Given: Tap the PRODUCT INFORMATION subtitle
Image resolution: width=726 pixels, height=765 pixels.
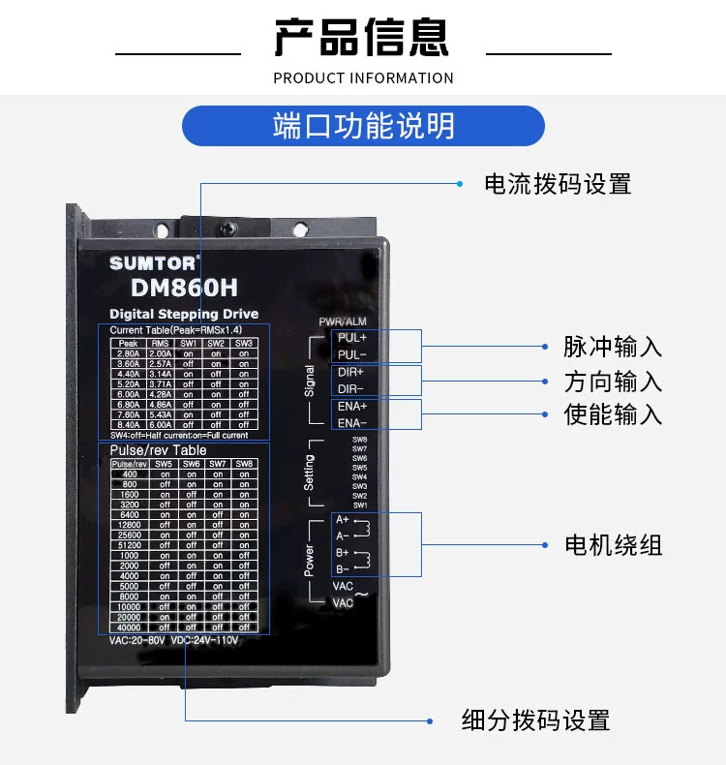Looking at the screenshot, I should click(x=363, y=77).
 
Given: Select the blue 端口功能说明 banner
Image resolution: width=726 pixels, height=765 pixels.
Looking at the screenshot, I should click(x=363, y=126).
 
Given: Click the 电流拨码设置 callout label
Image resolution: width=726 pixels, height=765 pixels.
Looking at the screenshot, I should click(x=558, y=183).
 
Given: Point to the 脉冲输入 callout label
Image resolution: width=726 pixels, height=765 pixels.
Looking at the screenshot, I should click(x=613, y=347).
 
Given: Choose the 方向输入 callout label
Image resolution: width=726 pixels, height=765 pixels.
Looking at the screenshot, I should click(x=613, y=381).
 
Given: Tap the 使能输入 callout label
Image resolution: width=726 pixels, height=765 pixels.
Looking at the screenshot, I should click(x=613, y=413).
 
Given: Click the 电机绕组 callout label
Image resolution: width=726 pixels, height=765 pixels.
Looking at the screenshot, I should click(x=613, y=544).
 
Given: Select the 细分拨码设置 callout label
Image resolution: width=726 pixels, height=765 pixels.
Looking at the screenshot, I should click(x=535, y=720).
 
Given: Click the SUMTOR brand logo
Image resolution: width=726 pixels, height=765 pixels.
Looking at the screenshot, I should click(x=154, y=263).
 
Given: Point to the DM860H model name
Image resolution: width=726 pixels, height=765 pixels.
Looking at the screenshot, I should click(x=184, y=288).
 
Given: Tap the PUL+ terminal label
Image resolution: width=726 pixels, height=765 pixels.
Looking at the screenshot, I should click(x=351, y=338).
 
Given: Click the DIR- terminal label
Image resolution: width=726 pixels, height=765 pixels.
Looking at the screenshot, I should click(x=350, y=388).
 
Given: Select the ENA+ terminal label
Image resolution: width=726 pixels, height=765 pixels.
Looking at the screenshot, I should click(x=351, y=406).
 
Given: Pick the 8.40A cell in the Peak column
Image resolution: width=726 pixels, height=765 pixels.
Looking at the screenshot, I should click(x=129, y=424).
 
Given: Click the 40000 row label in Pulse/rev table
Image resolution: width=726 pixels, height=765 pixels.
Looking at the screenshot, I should click(x=130, y=627).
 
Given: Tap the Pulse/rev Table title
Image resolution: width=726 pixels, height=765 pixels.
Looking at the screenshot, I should click(x=158, y=450).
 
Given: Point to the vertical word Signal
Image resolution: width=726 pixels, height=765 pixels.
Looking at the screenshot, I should click(x=310, y=381).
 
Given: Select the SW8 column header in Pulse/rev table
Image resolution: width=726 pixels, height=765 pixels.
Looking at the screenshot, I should click(x=244, y=464).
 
